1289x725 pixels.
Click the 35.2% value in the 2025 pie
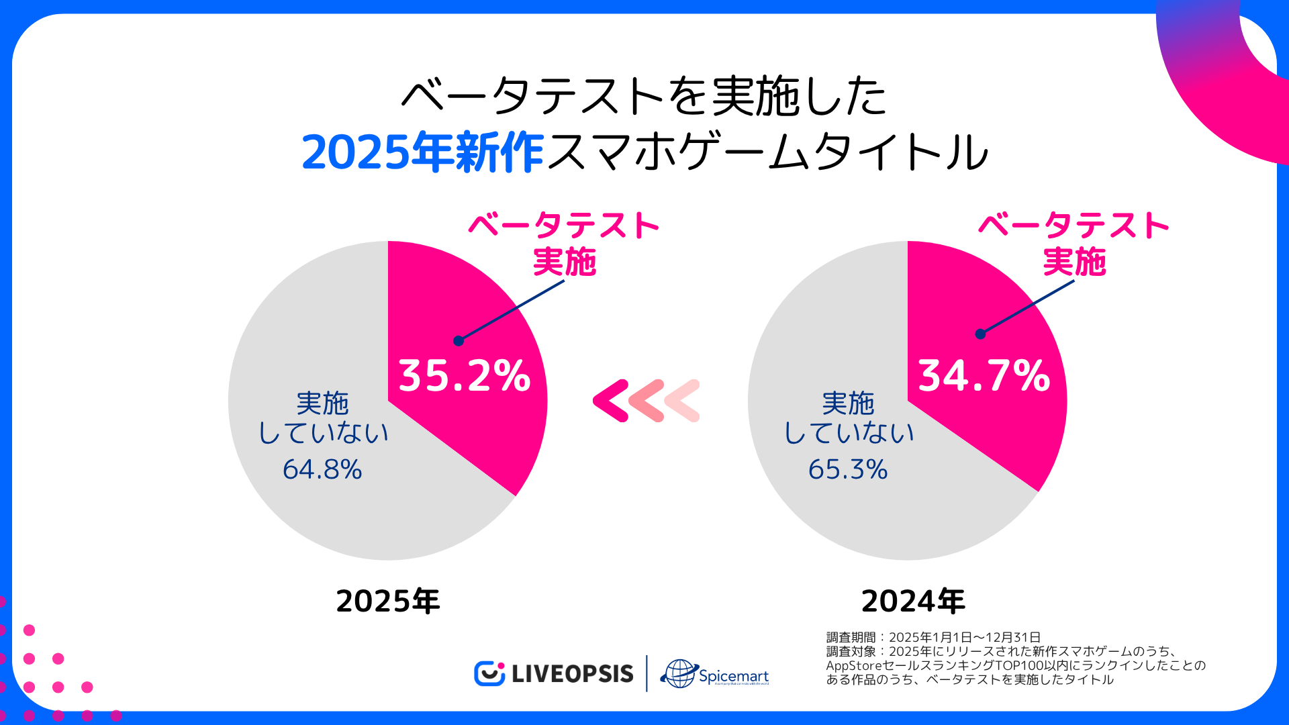coord(464,375)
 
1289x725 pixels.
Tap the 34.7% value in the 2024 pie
coord(984,375)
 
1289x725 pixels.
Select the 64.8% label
coord(322,469)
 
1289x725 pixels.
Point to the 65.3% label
coord(848,469)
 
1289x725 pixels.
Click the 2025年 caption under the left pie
coord(387,601)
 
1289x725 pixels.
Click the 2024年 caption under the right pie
coord(913,601)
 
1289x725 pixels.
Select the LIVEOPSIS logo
coord(554,673)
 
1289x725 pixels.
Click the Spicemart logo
coord(715,674)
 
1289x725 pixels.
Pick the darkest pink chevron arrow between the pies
coord(610,401)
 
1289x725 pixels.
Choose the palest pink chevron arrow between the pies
coord(683,401)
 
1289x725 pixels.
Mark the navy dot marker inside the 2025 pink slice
coord(459,341)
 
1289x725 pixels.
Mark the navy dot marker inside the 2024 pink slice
coord(980,334)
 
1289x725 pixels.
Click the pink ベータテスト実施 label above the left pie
coord(564,243)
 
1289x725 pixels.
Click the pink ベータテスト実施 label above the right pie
coord(1073,243)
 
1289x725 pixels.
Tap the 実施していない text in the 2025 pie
coord(323,418)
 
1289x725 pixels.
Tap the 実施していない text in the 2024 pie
coord(849,418)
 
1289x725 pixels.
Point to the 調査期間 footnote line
coord(933,637)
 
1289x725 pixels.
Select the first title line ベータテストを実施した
coord(644,96)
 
